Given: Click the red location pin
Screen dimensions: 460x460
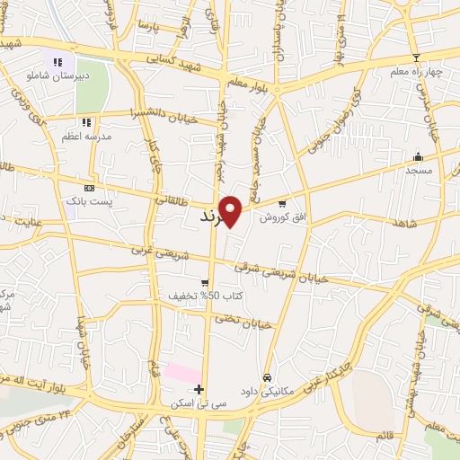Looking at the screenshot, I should (231, 210).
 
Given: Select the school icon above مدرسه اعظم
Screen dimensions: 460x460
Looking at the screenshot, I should (86, 121).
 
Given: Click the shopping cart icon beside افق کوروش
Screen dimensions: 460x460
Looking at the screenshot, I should (283, 203).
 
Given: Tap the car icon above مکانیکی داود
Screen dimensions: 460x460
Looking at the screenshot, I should (267, 376).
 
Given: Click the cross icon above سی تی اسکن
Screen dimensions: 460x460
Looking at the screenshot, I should (199, 388).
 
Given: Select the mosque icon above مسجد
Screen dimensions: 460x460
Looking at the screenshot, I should (417, 156).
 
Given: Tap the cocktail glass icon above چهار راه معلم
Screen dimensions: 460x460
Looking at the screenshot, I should (415, 57).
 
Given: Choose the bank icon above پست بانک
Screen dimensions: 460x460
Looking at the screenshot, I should (88, 188).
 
